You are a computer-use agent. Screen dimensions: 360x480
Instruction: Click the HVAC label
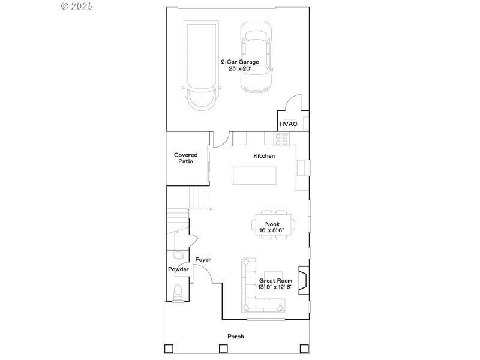(x=288, y=124)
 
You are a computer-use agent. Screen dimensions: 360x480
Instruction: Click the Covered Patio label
(x=185, y=158)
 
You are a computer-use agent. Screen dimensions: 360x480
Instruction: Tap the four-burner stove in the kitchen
(x=282, y=139)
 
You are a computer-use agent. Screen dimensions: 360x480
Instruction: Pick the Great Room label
(x=275, y=280)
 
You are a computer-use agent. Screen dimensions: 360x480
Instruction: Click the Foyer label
(x=203, y=259)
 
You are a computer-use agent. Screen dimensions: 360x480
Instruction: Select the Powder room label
(x=178, y=269)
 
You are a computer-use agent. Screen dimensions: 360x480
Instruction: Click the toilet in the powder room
(x=177, y=292)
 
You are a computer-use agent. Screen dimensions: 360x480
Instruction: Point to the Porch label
(x=235, y=337)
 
